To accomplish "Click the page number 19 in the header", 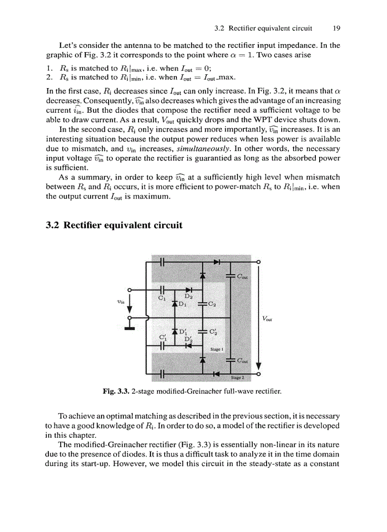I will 337,28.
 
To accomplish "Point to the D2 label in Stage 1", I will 188,296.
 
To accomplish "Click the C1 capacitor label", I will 161,298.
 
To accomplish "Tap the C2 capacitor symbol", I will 203,304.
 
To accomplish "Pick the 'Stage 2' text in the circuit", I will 238,378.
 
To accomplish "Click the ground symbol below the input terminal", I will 129,328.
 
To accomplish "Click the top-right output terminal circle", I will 258,261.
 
